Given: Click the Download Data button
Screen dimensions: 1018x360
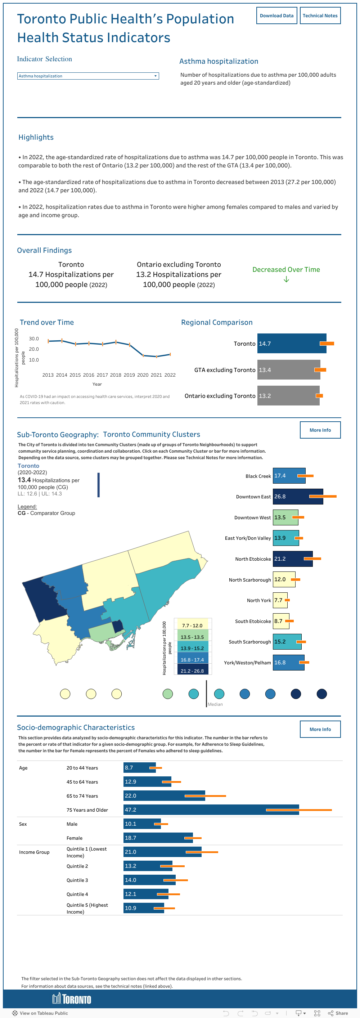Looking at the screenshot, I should [276, 16].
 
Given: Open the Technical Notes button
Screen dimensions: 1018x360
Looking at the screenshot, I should [320, 16].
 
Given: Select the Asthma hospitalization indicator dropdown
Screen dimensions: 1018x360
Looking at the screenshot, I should [88, 76].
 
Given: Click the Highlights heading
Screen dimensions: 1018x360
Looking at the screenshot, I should [36, 137].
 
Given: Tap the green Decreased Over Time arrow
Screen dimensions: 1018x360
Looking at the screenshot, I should [286, 279].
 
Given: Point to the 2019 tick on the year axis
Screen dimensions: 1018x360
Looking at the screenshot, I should [129, 375].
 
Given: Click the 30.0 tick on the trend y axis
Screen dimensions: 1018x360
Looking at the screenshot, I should [34, 339].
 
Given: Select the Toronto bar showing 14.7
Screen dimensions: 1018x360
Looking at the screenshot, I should [291, 344].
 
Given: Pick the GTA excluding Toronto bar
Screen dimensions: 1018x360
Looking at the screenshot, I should [288, 369].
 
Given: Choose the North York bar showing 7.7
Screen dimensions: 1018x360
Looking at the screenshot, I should [280, 600].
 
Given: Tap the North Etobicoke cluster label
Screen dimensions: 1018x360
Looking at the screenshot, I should [253, 559].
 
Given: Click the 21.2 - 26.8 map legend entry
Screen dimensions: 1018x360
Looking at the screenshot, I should [193, 671].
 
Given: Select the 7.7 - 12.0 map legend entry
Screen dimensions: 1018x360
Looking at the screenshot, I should [193, 625].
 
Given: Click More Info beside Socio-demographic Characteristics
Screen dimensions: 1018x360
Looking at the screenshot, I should [320, 729].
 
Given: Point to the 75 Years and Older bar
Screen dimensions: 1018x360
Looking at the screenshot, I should [211, 810].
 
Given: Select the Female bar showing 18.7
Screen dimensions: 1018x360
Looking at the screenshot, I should [158, 838].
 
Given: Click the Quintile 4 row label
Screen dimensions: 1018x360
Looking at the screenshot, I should [77, 894].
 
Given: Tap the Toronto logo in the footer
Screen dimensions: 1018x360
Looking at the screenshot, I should [72, 999].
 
